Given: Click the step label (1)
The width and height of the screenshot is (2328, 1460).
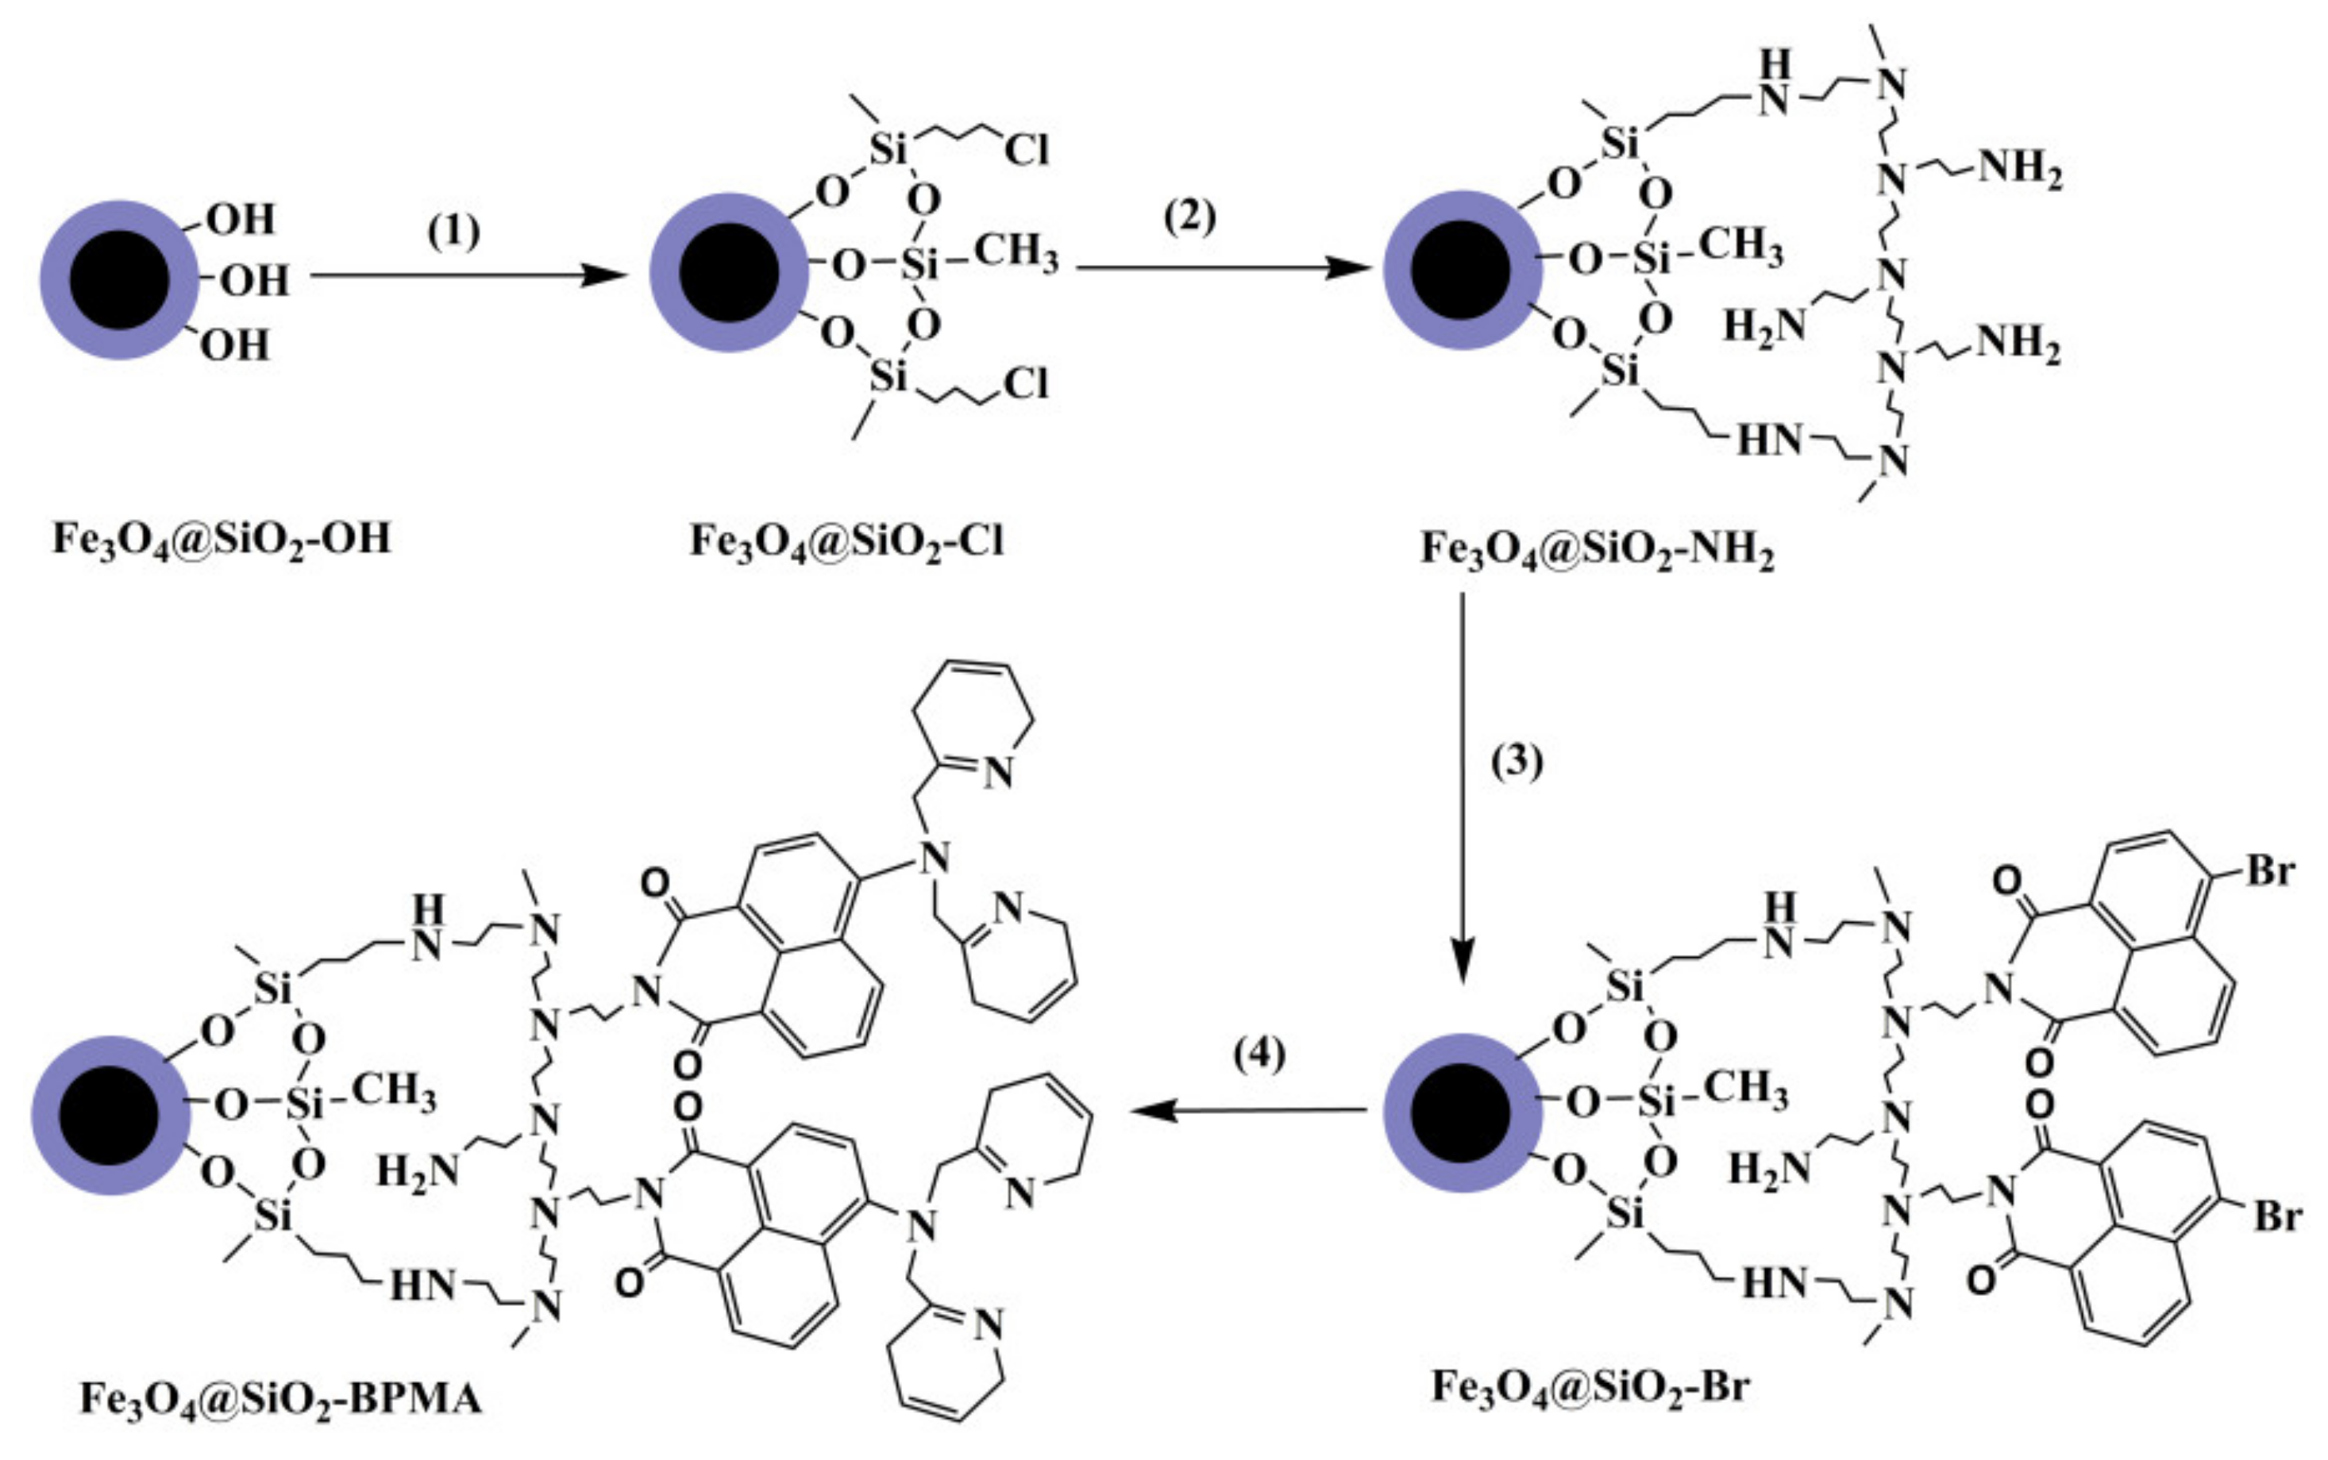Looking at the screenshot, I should (453, 232).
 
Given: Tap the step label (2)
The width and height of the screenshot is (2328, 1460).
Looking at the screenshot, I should (1189, 217).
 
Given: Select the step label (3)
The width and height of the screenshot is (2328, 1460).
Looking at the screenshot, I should (1517, 761).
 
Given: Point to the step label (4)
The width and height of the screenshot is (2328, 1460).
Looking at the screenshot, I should (1259, 1055).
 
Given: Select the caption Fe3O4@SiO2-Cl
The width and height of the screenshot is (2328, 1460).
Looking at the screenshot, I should (846, 540).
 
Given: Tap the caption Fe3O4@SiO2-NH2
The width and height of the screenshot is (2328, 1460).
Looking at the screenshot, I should (1597, 551).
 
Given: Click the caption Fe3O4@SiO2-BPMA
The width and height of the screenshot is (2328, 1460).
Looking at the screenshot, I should (280, 1398).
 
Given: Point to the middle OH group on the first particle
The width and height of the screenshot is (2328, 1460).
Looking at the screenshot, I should (255, 281).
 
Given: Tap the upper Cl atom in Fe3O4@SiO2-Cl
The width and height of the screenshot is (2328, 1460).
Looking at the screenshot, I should (1026, 150).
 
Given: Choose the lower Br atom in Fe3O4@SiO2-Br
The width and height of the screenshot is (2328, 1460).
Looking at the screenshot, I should (2277, 1216).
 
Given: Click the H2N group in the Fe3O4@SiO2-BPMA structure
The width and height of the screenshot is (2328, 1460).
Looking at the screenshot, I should (418, 1172).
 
